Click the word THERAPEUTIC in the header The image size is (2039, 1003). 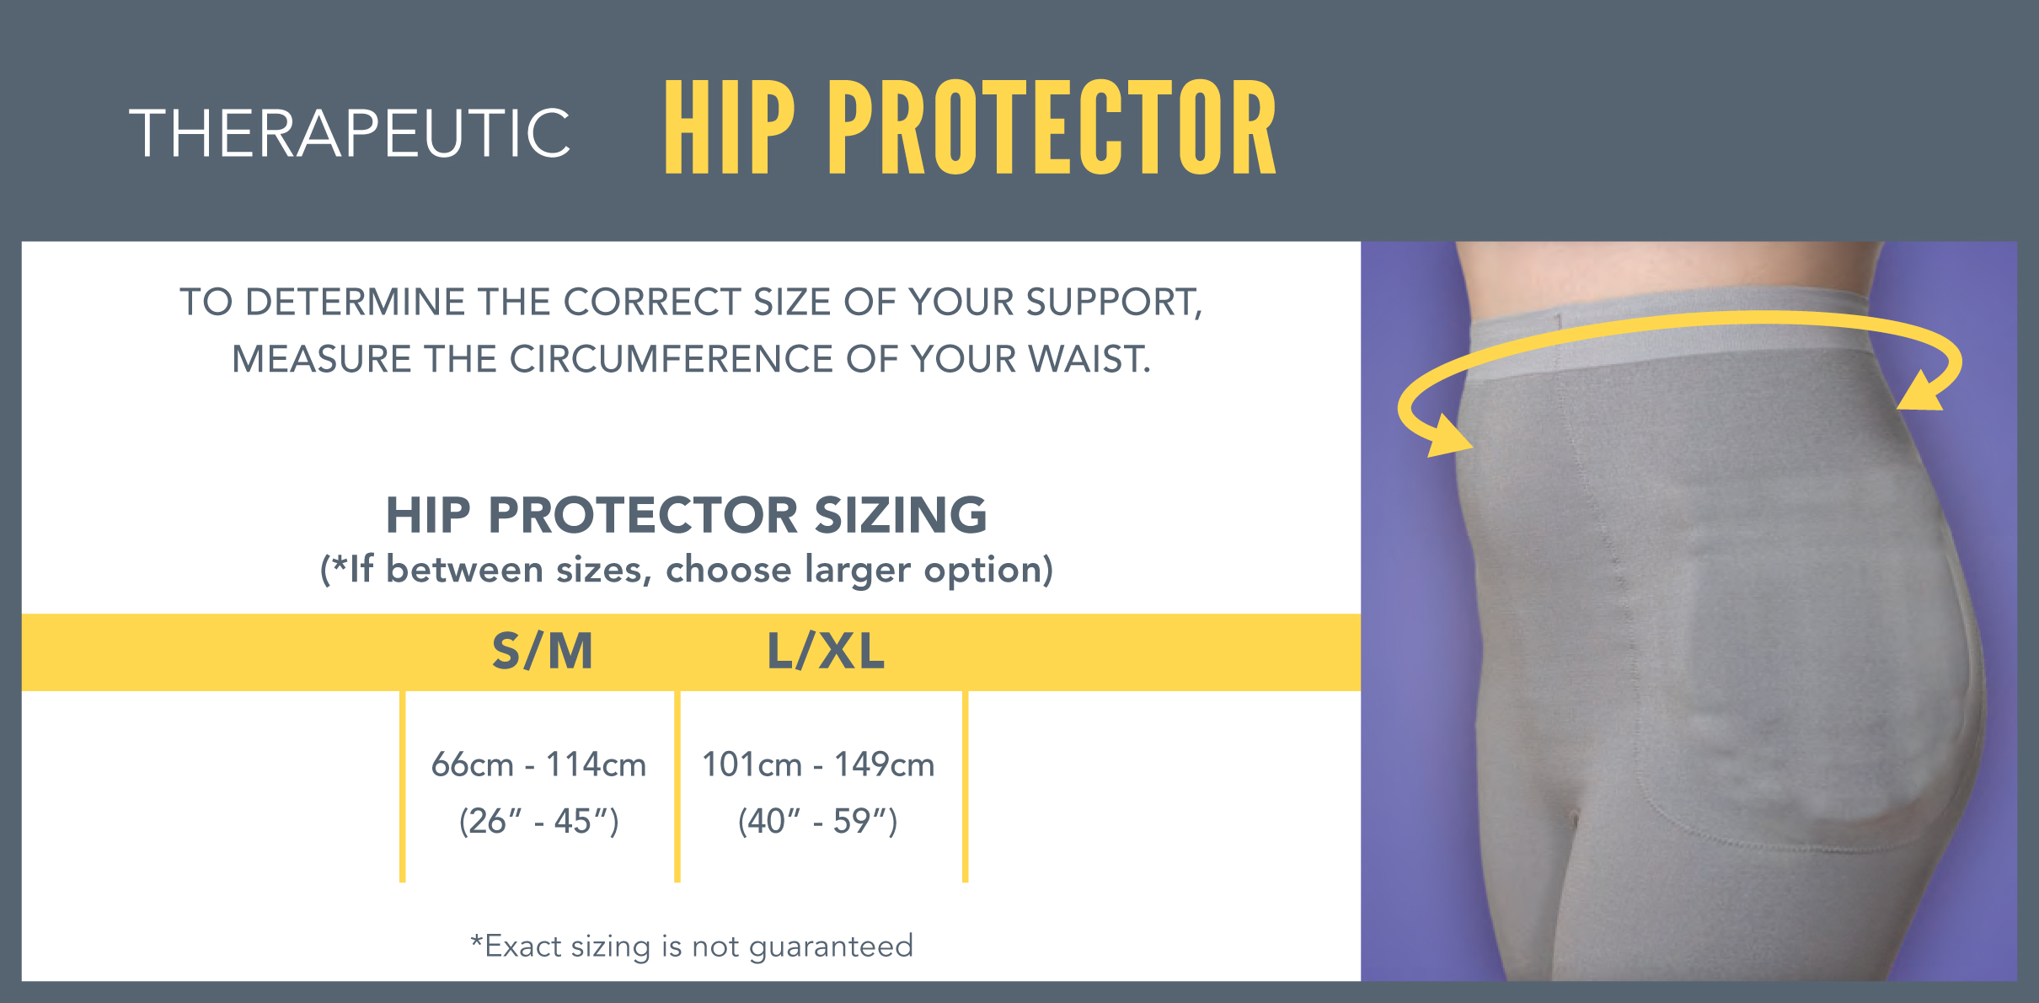click(x=350, y=133)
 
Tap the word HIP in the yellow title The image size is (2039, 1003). click(x=729, y=127)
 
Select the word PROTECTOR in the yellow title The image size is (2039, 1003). click(x=1052, y=127)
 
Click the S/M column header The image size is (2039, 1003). click(x=543, y=652)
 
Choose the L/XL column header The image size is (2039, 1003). click(x=826, y=652)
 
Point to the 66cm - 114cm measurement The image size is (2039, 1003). click(x=538, y=764)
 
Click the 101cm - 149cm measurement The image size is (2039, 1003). click(x=818, y=764)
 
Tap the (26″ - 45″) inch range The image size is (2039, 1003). click(x=538, y=821)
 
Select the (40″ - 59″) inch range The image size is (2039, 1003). click(x=818, y=821)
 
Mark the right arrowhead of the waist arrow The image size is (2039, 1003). click(x=1921, y=393)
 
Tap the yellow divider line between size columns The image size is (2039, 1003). click(x=677, y=786)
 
